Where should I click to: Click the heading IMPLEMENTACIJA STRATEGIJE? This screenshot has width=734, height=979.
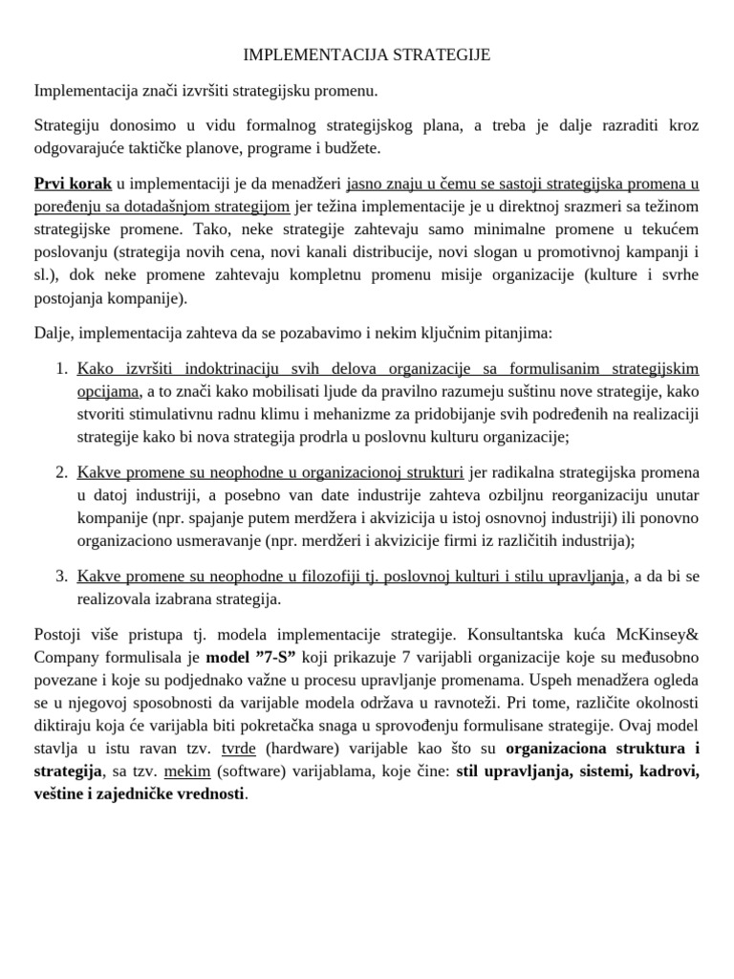pos(367,55)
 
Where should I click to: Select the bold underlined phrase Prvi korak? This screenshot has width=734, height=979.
pos(73,184)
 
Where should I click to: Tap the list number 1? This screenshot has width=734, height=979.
pos(61,368)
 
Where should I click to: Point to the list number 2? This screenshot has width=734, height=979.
pos(61,472)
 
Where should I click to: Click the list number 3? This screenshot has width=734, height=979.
pos(61,576)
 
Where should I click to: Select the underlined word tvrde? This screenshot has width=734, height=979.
pos(238,750)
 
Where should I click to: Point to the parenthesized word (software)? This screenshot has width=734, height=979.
pos(252,772)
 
